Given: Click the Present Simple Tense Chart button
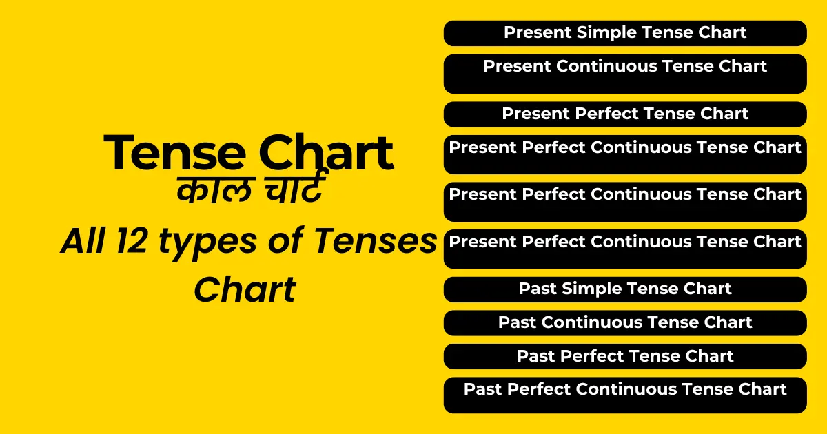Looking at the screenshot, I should coord(625,33).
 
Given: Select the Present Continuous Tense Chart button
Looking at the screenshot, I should coord(625,73).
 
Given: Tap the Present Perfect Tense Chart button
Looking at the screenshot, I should coord(625,114).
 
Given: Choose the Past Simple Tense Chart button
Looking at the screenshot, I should coord(625,289).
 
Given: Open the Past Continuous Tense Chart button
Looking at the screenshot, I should coord(625,323).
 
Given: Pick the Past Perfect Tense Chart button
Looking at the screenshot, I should coord(625,356).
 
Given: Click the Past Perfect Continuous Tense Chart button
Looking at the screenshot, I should coord(625,394).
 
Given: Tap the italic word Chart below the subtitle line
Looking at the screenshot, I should coord(245,289).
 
